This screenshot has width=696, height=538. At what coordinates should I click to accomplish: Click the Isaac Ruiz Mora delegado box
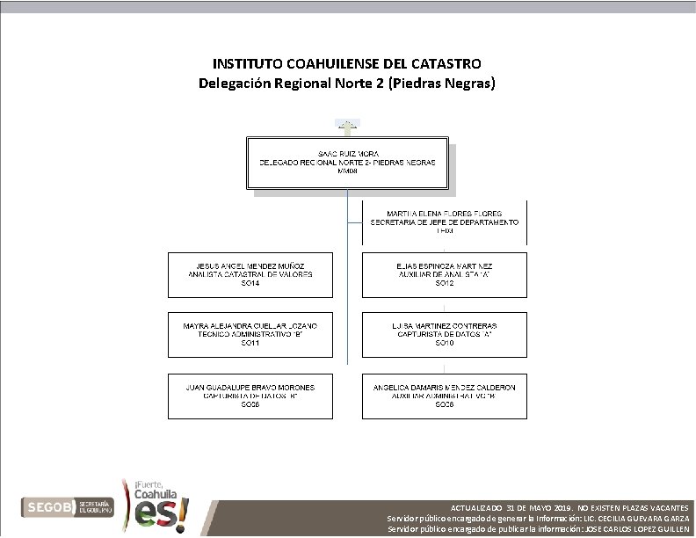(352, 163)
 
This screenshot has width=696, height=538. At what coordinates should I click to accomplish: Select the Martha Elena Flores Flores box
(446, 222)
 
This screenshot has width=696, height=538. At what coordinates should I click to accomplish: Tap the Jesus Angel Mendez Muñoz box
(250, 274)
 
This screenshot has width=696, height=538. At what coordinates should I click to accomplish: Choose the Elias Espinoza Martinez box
(445, 274)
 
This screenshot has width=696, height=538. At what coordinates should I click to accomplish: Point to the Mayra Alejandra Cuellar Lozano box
(250, 334)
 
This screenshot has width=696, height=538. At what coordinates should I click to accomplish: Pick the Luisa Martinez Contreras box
(445, 334)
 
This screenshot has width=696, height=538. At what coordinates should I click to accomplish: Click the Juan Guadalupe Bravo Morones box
(250, 396)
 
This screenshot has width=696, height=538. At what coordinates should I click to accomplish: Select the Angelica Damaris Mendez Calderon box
(445, 396)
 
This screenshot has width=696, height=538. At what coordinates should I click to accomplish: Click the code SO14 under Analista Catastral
(250, 284)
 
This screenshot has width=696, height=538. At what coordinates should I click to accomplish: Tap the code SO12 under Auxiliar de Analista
(445, 284)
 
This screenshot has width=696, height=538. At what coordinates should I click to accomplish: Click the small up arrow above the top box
(347, 126)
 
